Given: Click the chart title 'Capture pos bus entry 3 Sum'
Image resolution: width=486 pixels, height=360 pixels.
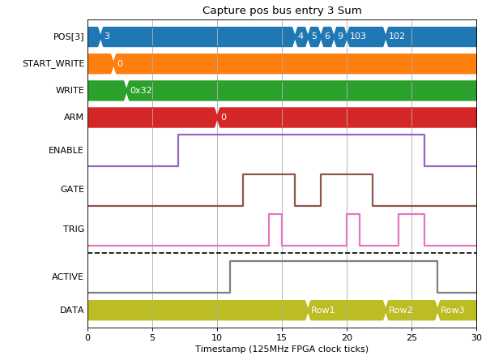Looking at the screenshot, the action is point(282,11).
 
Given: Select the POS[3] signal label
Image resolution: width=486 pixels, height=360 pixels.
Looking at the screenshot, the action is point(69,37).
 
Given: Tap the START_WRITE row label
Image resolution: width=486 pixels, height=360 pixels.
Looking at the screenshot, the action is point(53,63).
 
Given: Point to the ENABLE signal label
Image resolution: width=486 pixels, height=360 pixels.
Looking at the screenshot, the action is point(66,150).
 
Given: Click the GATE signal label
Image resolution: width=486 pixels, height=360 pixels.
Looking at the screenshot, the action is point(72,189).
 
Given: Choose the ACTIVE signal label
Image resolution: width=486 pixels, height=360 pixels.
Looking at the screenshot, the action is point(67,276).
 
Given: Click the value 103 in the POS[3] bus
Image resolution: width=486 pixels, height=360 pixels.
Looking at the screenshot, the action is point(358,36).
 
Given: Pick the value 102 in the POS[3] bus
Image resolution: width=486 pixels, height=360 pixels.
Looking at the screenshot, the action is point(397,36).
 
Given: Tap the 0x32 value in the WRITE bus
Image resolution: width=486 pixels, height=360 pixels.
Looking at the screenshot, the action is point(141,90).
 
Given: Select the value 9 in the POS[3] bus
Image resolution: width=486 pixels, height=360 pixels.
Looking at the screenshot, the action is point(340,36).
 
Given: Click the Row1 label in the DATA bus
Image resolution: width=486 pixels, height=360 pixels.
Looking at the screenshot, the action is point(322,310).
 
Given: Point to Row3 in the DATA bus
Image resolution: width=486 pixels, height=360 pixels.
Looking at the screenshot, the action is point(453,310).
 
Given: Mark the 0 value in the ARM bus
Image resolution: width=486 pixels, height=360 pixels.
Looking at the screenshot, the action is point(224,117).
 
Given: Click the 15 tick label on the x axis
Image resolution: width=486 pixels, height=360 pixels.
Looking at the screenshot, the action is point(282,337).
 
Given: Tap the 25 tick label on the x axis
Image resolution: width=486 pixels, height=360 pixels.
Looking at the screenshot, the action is point(411,337).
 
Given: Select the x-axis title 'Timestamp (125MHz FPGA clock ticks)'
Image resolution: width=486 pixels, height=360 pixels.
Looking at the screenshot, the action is point(282,349).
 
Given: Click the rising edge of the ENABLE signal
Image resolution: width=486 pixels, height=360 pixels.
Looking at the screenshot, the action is point(178,151).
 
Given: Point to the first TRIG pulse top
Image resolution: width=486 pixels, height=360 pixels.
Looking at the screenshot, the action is point(275,214).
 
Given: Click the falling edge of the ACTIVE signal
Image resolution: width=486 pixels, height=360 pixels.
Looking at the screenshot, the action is point(437,276).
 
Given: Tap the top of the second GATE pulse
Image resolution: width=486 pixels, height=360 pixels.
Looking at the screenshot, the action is point(347,174).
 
